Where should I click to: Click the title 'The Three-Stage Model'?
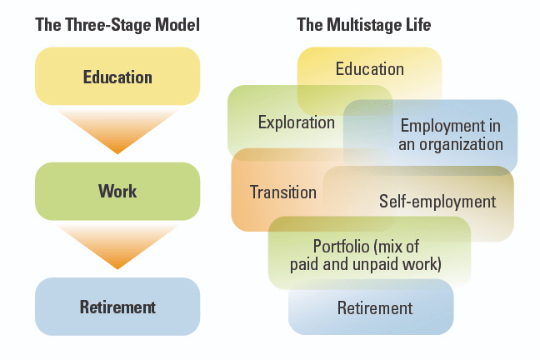coord(117,25)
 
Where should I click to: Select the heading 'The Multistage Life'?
coord(363,25)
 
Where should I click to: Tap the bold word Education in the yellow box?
coord(117,77)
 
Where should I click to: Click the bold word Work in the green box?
coord(117,191)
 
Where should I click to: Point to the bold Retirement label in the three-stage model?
coord(117,307)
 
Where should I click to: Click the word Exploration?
coord(297,123)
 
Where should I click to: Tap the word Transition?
coord(283,192)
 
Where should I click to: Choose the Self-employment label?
coord(437,202)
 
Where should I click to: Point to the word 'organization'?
coord(461,145)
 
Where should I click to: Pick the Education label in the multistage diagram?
coord(370,69)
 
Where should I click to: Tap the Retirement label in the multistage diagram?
coord(375,308)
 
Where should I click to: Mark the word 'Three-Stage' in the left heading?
coord(108,25)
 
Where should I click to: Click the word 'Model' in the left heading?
coord(177,25)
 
